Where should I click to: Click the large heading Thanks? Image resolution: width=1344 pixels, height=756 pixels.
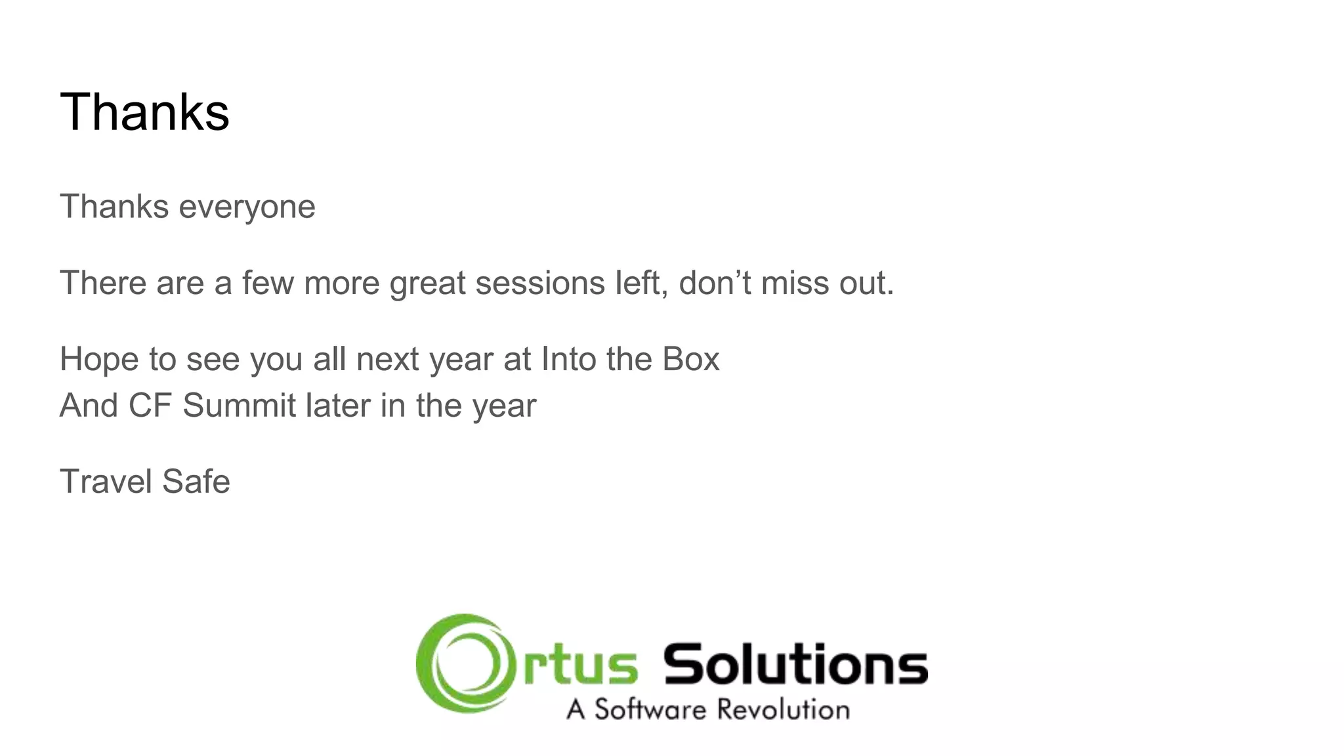coord(144,112)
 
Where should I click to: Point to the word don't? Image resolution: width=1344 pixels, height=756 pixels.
coord(714,283)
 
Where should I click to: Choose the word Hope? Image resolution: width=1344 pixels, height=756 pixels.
coord(99,360)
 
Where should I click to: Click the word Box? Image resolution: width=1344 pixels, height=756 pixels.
coord(690,359)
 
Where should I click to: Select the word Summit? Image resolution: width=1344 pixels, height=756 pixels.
coord(239,405)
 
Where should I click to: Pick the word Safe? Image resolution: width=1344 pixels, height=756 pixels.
coord(196,481)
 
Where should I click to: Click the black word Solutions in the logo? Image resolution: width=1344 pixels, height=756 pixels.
coord(795,664)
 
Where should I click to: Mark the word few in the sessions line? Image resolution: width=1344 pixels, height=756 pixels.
coord(267,283)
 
